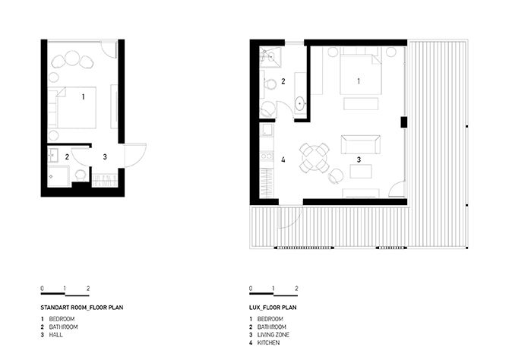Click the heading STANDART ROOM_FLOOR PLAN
pos(82,308)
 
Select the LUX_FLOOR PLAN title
pos(273,308)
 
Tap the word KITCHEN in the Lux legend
pos(268,343)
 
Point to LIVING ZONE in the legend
pos(273,335)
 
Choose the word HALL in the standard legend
pos(55,335)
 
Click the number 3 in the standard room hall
pos(105,156)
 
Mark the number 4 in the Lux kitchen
pos(283,159)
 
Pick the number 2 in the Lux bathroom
pos(283,81)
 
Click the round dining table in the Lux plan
pos(315,158)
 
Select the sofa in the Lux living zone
pos(361,145)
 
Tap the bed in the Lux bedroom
pos(360,74)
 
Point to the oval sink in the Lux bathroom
pos(299,103)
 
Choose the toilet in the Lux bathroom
pos(269,84)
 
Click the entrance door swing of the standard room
pos(135,155)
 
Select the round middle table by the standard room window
pos(71,58)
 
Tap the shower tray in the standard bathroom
pos(58,176)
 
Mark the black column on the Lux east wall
pos(403,122)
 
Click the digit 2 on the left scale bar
pos(88,289)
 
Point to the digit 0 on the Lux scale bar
pos(251,289)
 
